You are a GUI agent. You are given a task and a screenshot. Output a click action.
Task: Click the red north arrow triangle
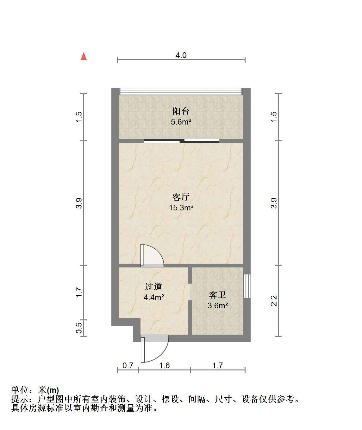[x=84, y=56]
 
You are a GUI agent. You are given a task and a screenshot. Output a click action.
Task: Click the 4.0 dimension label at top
[x=181, y=55]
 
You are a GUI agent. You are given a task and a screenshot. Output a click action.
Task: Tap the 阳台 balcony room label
[x=181, y=111]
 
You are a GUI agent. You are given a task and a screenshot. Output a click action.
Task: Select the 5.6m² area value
[x=181, y=122]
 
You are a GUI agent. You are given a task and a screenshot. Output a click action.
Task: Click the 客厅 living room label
[x=181, y=197]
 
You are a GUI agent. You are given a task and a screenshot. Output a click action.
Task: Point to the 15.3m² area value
[x=181, y=208]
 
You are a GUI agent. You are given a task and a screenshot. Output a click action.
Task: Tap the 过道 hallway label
[x=153, y=287]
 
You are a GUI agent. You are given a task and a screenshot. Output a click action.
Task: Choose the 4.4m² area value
[x=154, y=297]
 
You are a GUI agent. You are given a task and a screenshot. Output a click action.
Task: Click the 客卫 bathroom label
[x=217, y=295]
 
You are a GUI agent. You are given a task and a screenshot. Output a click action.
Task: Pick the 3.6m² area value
[x=218, y=305]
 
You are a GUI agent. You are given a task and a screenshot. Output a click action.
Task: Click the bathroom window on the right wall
[x=247, y=286]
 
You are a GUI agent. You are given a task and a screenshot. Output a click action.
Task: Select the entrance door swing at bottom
[x=155, y=349]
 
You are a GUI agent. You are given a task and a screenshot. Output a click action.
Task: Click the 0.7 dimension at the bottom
[x=128, y=365]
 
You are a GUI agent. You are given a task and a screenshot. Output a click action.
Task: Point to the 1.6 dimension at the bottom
[x=164, y=365]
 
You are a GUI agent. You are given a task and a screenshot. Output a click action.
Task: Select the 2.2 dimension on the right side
[x=274, y=301]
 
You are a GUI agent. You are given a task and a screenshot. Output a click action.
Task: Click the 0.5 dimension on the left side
[x=79, y=328]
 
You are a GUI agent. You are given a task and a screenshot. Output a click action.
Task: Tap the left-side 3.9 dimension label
[x=79, y=203]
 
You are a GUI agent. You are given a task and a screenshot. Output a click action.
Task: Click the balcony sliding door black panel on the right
[x=202, y=141]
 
